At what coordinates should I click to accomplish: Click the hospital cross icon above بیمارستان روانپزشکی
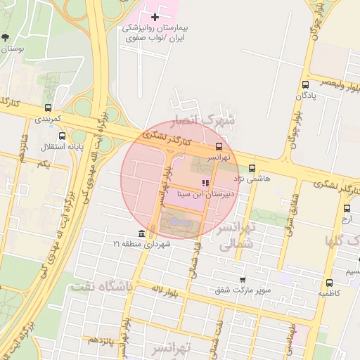coord(155,16)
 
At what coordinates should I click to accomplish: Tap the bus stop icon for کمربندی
coord(48,108)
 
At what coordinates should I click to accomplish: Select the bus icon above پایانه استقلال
coord(63,136)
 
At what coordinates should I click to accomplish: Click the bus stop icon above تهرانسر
coord(219,147)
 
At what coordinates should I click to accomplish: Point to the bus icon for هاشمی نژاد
coord(252,168)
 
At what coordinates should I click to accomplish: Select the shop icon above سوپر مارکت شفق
coord(243,279)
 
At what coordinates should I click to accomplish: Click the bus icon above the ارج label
coord(347,208)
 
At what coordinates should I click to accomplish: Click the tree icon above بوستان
coord(6,37)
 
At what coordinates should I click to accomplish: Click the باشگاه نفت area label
coord(102,286)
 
